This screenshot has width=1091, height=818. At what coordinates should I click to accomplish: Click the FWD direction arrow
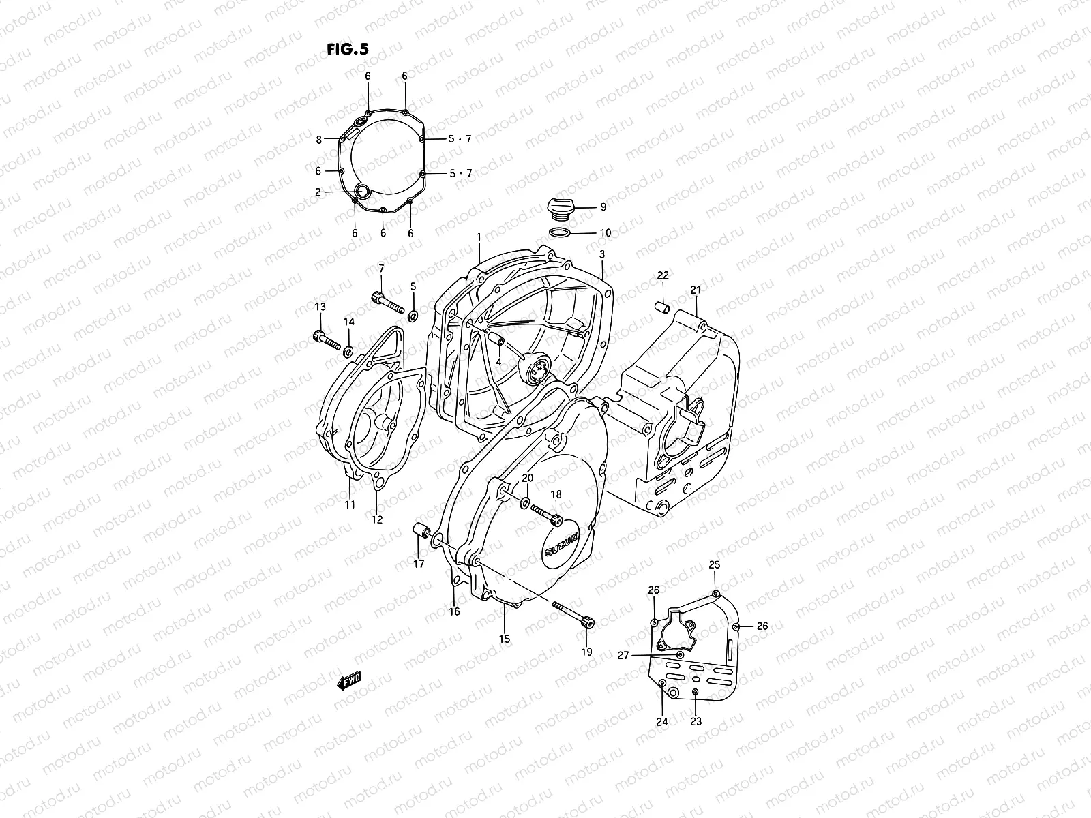[x=348, y=680]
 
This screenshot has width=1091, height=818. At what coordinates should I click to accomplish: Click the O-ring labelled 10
[x=559, y=233]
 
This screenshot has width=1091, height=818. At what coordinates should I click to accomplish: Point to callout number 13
[x=320, y=307]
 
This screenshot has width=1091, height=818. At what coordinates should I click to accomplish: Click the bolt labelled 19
[x=573, y=613]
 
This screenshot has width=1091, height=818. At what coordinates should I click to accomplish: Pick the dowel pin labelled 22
[x=661, y=307]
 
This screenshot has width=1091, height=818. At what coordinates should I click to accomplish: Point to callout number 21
[x=695, y=290]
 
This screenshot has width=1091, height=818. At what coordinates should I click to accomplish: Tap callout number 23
[x=696, y=721]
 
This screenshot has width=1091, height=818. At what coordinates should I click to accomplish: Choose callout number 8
[x=318, y=140]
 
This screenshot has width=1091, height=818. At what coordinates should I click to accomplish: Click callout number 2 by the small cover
[x=318, y=192]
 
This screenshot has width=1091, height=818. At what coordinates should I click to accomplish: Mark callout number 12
[x=377, y=519]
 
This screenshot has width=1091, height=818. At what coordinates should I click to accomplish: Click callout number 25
[x=714, y=564]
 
